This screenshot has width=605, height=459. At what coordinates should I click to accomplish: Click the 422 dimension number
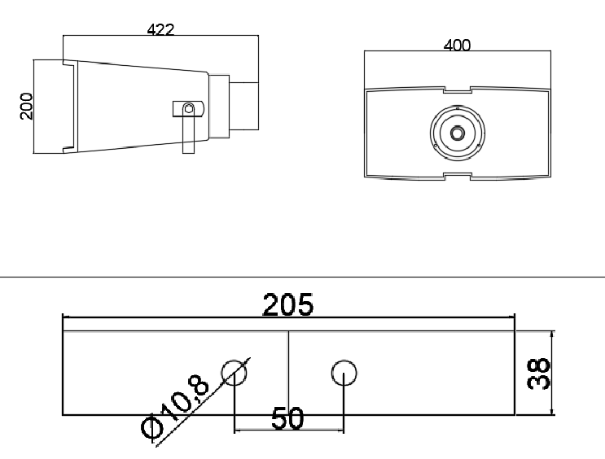click(160, 29)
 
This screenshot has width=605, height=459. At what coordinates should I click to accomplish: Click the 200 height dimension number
click(27, 106)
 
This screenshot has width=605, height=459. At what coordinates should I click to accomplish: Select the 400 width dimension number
click(457, 45)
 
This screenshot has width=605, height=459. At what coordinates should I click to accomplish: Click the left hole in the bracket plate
click(235, 374)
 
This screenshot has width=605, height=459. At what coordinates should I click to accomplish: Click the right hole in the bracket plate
click(344, 374)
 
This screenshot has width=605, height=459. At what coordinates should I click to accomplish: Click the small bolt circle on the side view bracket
click(189, 108)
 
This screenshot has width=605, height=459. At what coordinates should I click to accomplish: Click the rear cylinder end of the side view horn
click(244, 104)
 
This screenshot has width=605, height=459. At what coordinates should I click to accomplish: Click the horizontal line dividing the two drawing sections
click(302, 278)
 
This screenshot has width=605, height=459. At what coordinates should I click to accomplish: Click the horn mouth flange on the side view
click(49, 106)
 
